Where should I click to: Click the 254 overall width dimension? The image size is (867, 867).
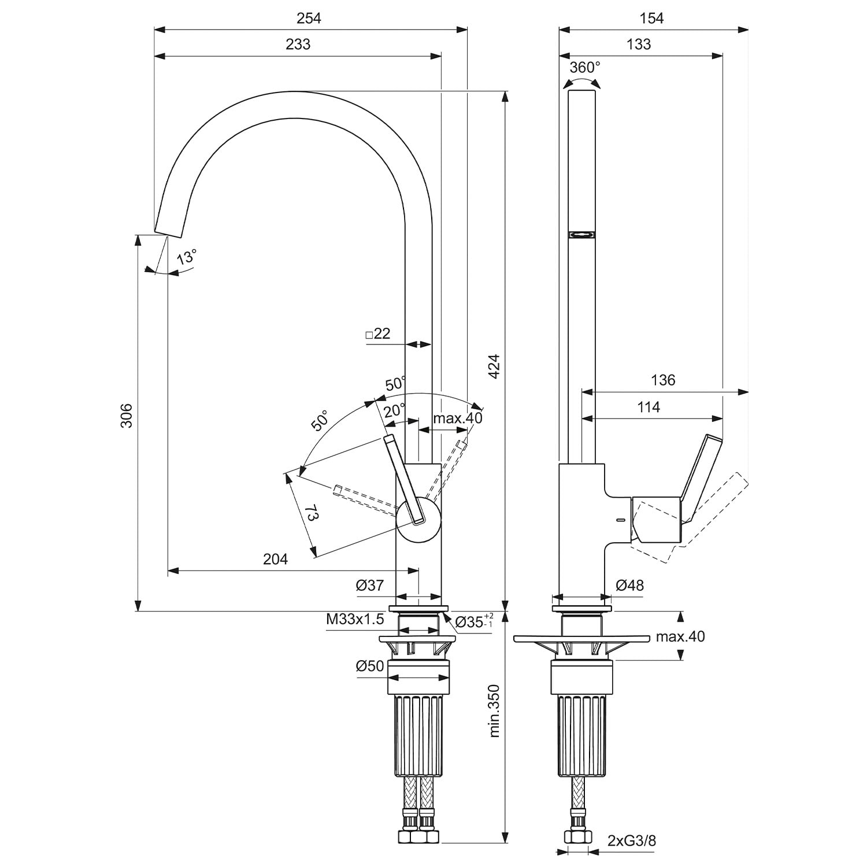(x=309, y=18)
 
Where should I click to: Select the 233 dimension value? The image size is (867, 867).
(x=298, y=45)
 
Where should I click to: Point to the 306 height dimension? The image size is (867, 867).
(x=127, y=416)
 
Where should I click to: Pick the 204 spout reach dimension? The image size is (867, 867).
(x=275, y=559)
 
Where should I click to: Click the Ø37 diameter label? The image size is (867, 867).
(x=370, y=586)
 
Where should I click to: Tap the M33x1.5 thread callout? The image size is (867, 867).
(x=355, y=620)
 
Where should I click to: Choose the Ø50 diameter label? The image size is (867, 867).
(x=370, y=666)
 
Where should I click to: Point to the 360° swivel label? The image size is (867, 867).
(x=584, y=68)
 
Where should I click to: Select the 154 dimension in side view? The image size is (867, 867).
(x=651, y=18)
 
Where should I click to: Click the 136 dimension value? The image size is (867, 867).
(x=662, y=380)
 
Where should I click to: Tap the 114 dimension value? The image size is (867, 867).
(x=649, y=407)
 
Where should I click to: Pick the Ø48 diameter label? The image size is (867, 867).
(x=629, y=586)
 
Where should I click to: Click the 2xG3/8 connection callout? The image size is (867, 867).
(x=632, y=840)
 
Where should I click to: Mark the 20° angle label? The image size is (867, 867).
(x=395, y=410)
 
